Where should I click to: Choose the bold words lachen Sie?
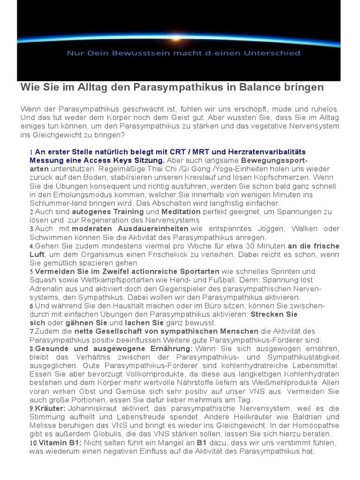point(143,323)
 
